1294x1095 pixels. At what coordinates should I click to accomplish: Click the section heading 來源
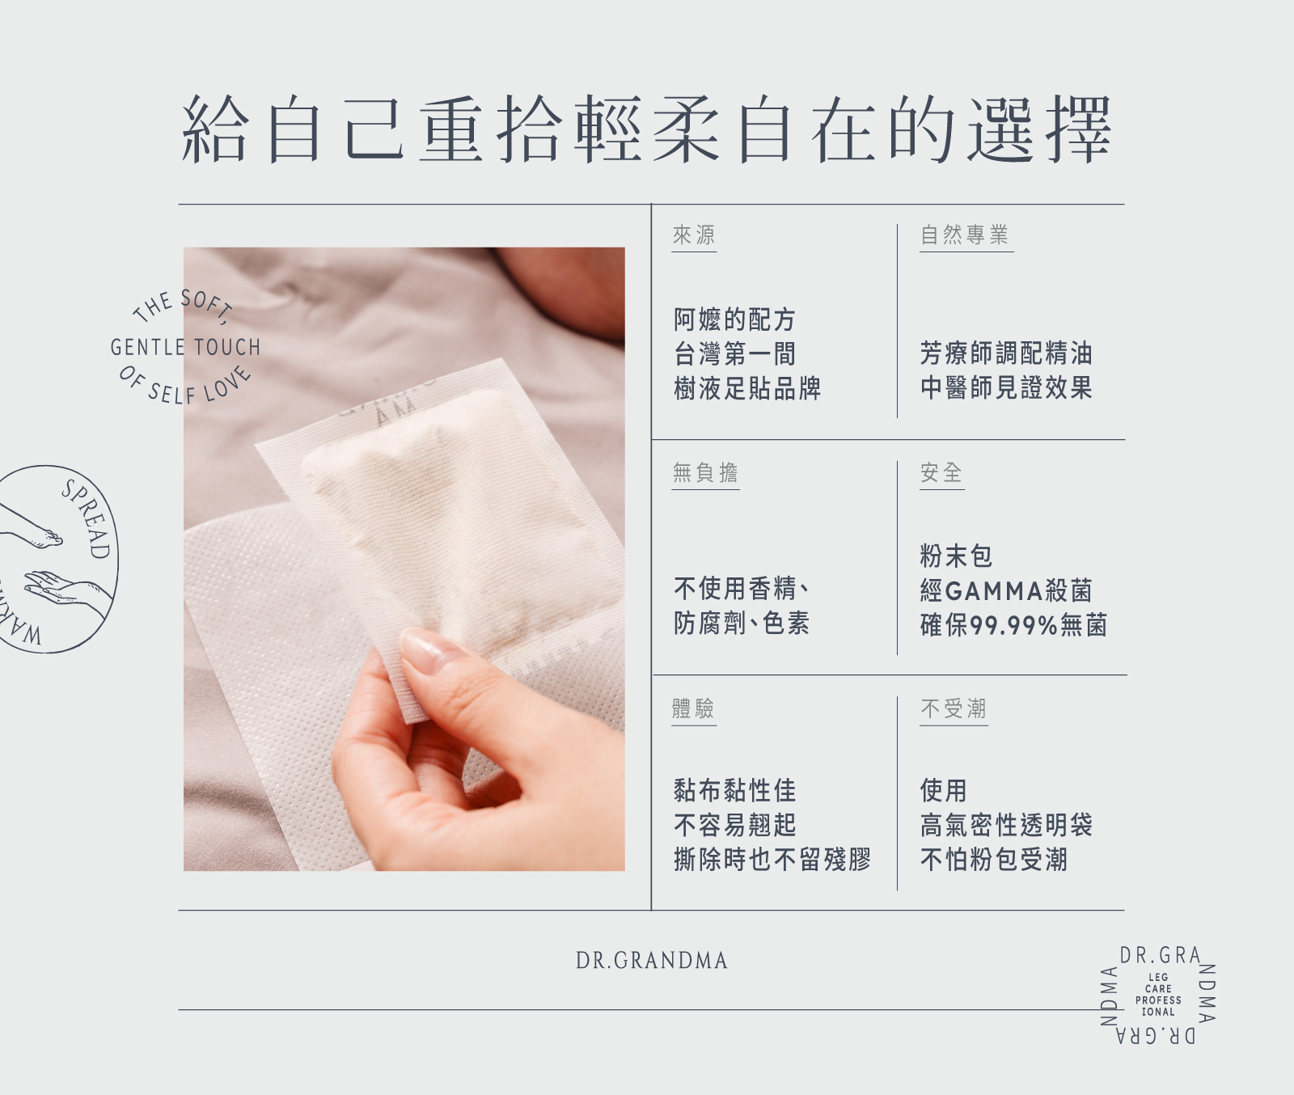[694, 235]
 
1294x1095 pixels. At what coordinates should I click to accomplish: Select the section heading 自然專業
[965, 235]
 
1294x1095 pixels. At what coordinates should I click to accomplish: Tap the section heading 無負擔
[705, 472]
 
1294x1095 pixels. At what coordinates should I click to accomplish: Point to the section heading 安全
[941, 472]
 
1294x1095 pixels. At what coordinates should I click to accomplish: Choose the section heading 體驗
[694, 709]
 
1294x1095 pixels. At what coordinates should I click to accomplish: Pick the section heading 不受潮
[954, 709]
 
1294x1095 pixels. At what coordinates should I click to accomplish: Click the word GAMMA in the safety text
[994, 591]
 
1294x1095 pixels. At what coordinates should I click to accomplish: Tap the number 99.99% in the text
[1014, 625]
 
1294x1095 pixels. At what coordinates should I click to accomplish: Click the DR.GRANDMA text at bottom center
[652, 961]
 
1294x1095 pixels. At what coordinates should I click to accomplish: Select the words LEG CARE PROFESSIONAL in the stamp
[1158, 995]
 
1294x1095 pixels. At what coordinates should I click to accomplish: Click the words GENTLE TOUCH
[185, 348]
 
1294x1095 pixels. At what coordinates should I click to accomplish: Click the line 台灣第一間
[735, 354]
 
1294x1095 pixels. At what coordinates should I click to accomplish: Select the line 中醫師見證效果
[1007, 388]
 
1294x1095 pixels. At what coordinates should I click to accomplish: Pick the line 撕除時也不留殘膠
[772, 860]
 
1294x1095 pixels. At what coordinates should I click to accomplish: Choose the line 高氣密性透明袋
[1007, 825]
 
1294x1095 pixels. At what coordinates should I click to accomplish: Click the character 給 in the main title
[215, 129]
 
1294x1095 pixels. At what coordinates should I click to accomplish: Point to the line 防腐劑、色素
[742, 624]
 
